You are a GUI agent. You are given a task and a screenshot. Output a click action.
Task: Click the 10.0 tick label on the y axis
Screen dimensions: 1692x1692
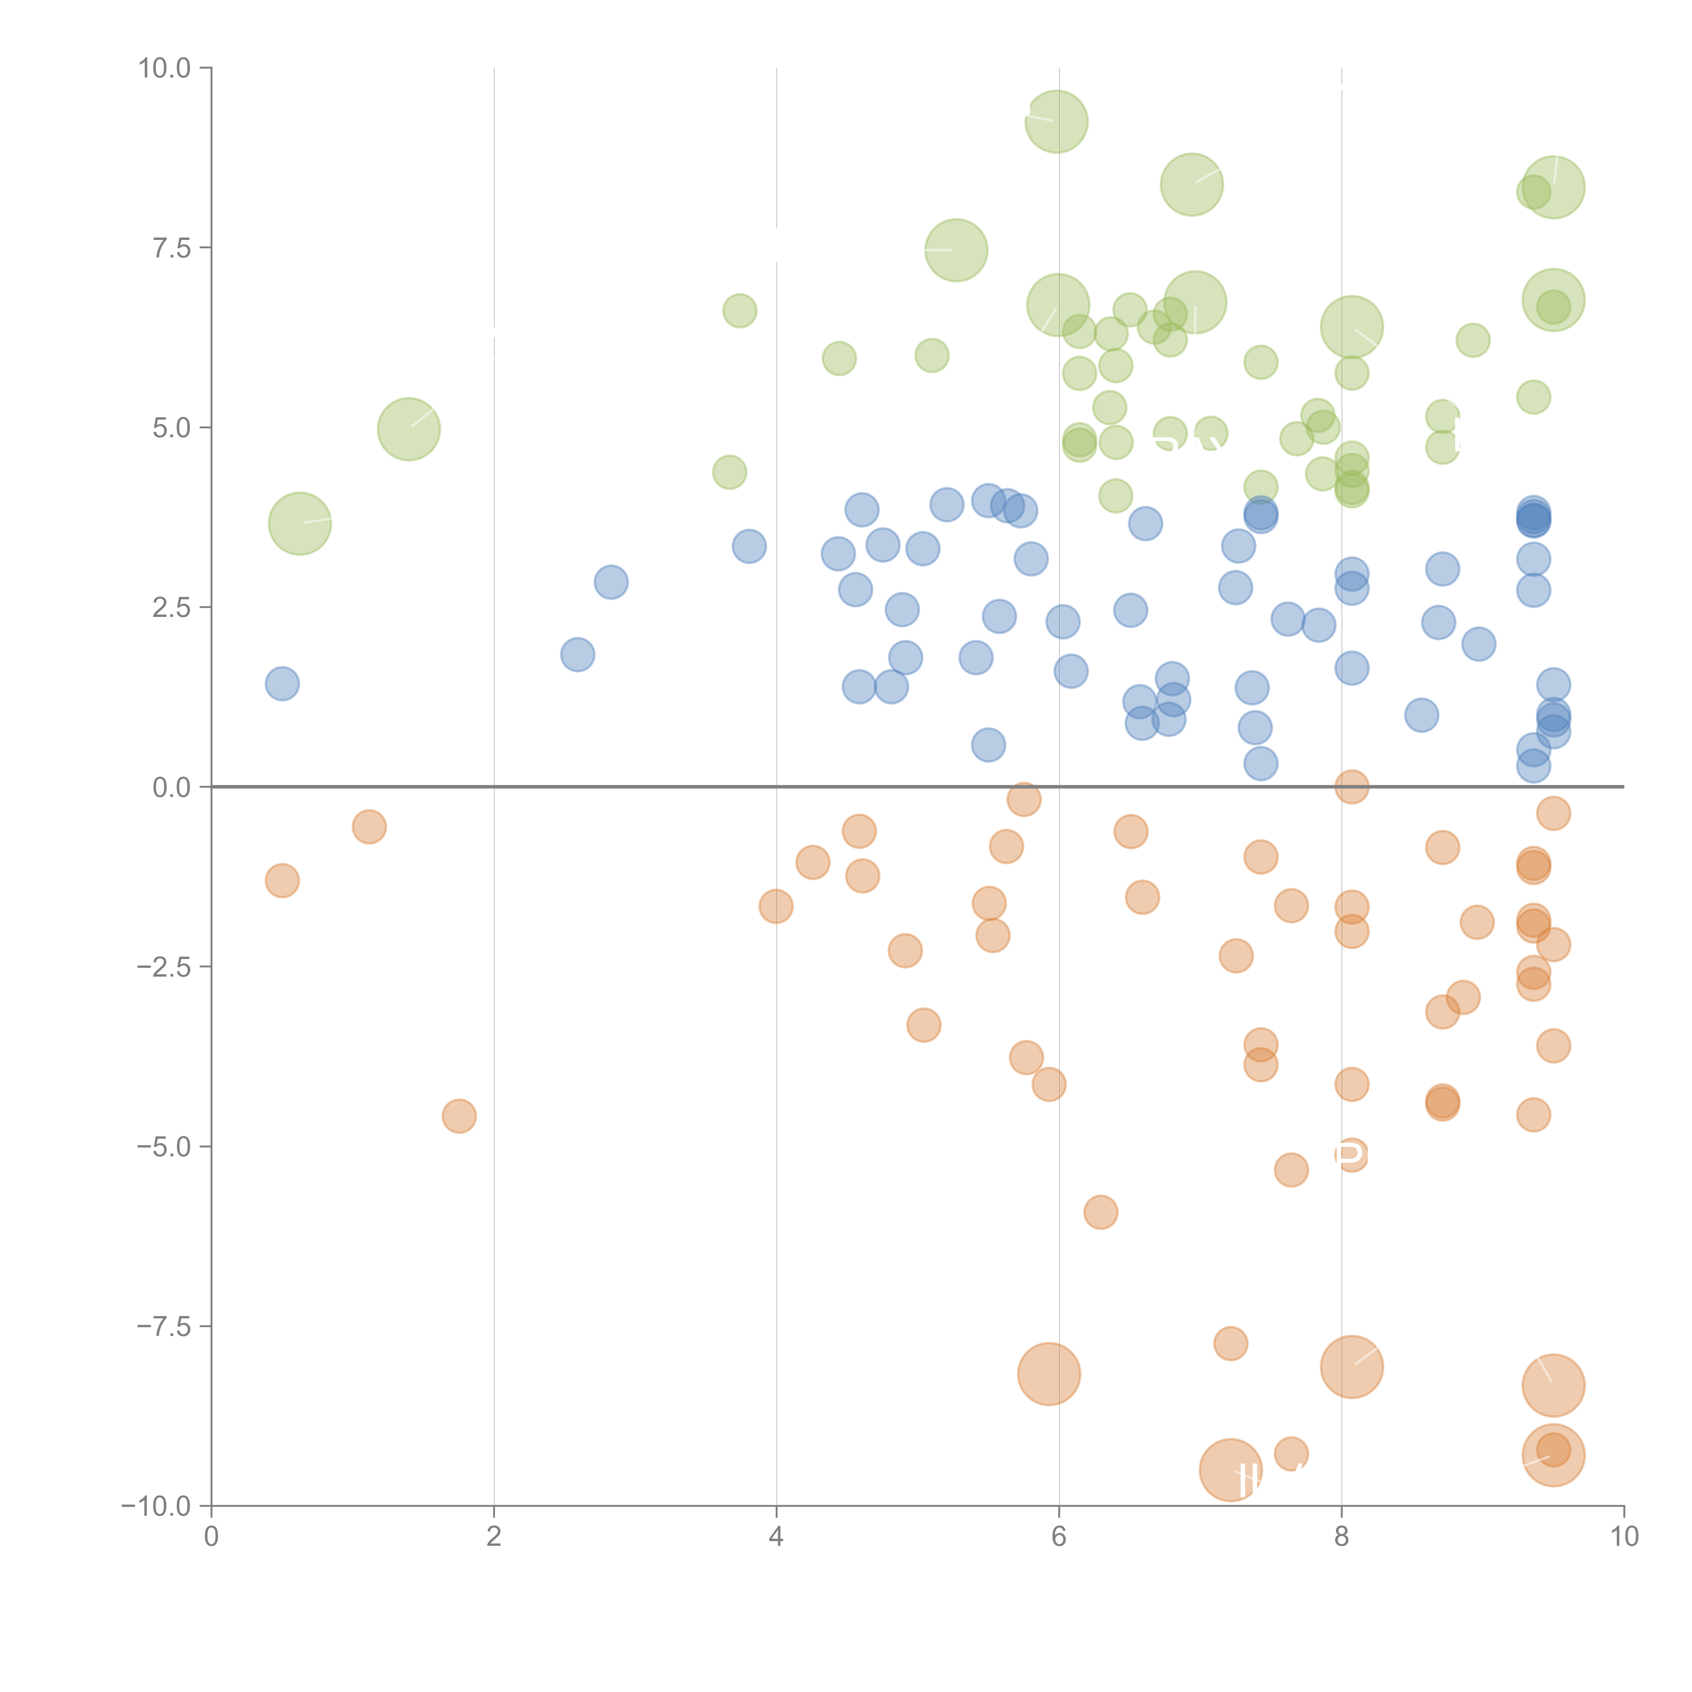[164, 68]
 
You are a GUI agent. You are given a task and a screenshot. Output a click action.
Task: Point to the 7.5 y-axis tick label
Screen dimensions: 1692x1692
[172, 248]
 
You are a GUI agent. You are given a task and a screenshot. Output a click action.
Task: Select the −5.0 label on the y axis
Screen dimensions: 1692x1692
[164, 1146]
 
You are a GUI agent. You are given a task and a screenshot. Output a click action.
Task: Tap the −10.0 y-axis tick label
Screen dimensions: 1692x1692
[156, 1506]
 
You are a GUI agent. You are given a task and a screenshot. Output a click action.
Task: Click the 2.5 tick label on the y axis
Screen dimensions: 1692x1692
[172, 608]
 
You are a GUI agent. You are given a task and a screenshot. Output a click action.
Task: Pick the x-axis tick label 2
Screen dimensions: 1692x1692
[494, 1537]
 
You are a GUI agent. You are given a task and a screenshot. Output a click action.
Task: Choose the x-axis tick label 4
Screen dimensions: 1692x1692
[776, 1537]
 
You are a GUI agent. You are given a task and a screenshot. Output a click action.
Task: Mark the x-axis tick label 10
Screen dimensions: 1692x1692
[1624, 1537]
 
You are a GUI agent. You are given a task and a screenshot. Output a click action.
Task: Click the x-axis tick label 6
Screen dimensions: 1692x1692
[1059, 1537]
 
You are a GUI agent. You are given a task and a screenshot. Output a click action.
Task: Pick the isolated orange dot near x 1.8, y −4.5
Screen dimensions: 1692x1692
[459, 1116]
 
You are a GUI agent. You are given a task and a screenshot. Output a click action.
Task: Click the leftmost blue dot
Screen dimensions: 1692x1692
[282, 683]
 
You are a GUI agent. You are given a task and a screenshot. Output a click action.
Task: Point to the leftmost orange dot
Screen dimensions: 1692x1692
[282, 880]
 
